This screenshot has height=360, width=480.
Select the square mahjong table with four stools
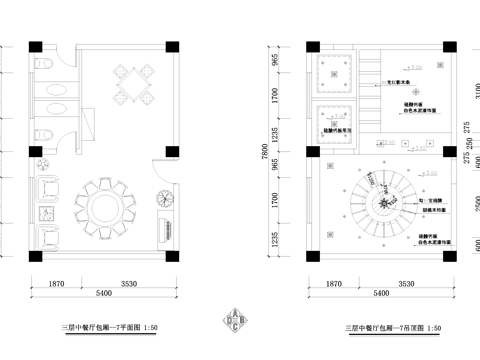coord(132,79)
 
